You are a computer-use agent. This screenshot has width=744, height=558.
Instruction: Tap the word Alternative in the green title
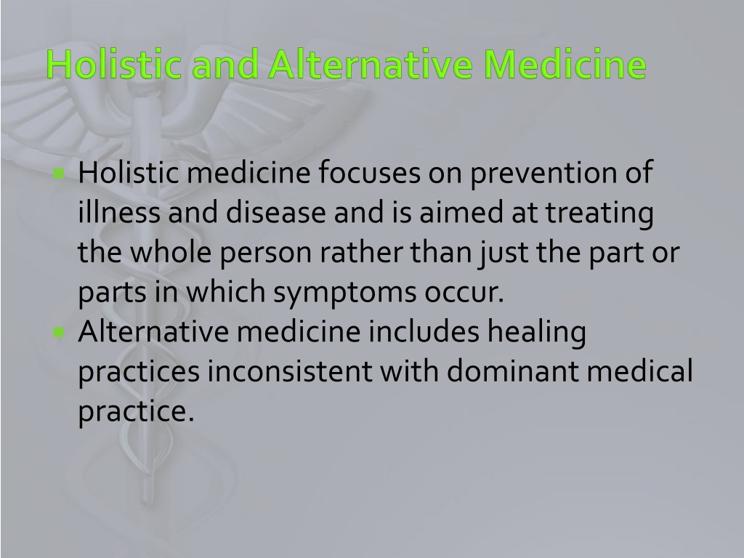(x=371, y=64)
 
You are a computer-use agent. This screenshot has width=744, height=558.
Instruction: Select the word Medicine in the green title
(x=565, y=64)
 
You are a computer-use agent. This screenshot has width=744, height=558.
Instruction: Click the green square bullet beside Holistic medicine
(x=60, y=174)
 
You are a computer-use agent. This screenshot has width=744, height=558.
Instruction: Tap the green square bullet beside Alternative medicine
(x=60, y=332)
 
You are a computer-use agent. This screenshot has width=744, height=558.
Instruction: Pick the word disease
(x=275, y=211)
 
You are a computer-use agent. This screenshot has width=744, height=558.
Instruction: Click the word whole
(x=171, y=251)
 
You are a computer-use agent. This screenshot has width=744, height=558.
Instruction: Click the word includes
(x=424, y=331)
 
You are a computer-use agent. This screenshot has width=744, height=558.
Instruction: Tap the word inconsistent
(x=289, y=371)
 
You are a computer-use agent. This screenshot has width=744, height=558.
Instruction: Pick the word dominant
(x=512, y=371)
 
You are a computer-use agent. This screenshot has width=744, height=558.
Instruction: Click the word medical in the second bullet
(x=640, y=371)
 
